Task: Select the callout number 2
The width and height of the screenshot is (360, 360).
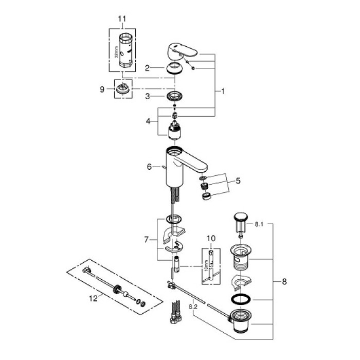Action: (x=147, y=67)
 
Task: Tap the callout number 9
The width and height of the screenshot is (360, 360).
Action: (x=102, y=89)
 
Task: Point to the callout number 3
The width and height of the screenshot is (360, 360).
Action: (x=147, y=96)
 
